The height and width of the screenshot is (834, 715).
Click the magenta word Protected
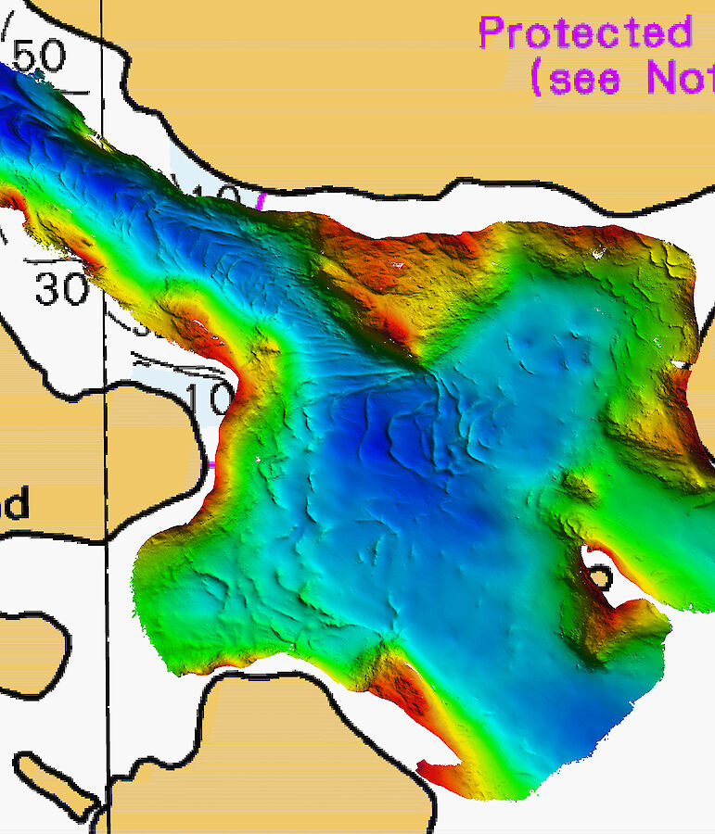pyautogui.click(x=585, y=33)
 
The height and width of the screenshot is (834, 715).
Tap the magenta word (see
pyautogui.click(x=575, y=78)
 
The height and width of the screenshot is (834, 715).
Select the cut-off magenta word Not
pyautogui.click(x=679, y=78)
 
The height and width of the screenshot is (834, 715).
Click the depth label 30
pyautogui.click(x=61, y=289)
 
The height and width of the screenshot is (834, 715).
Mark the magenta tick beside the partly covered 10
pyautogui.click(x=261, y=200)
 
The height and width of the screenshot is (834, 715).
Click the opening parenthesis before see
pyautogui.click(x=537, y=79)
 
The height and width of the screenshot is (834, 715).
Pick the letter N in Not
pyautogui.click(x=661, y=78)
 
